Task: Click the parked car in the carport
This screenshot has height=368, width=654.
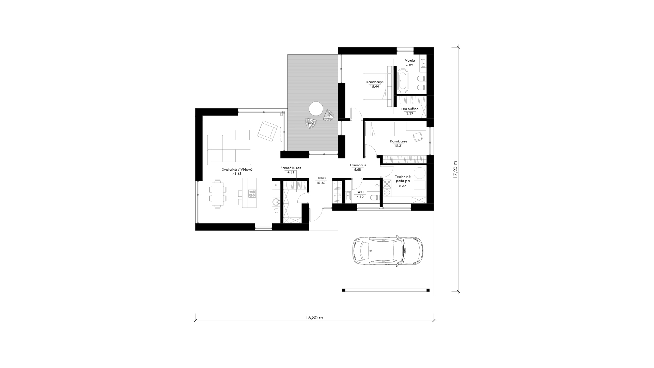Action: point(388,251)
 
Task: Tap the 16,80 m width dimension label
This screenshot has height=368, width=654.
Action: point(314,318)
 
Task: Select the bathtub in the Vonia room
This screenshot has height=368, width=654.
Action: point(402,81)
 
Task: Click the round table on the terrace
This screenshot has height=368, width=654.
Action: point(315,109)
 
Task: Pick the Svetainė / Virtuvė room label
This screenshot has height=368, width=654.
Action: point(237,169)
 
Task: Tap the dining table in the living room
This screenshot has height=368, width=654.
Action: point(217,195)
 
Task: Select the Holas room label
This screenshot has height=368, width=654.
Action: point(321,178)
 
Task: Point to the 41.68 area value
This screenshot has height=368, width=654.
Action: point(237,173)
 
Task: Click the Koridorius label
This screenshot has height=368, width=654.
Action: point(358,165)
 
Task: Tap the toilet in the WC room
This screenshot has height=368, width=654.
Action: point(375,198)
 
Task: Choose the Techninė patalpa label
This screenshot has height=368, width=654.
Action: point(403,179)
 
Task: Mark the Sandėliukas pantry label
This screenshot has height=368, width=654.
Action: point(291,168)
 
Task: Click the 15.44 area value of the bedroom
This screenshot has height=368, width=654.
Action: point(375,87)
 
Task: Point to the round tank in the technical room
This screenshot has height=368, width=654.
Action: point(419,173)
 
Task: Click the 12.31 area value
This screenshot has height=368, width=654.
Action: point(399,146)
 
